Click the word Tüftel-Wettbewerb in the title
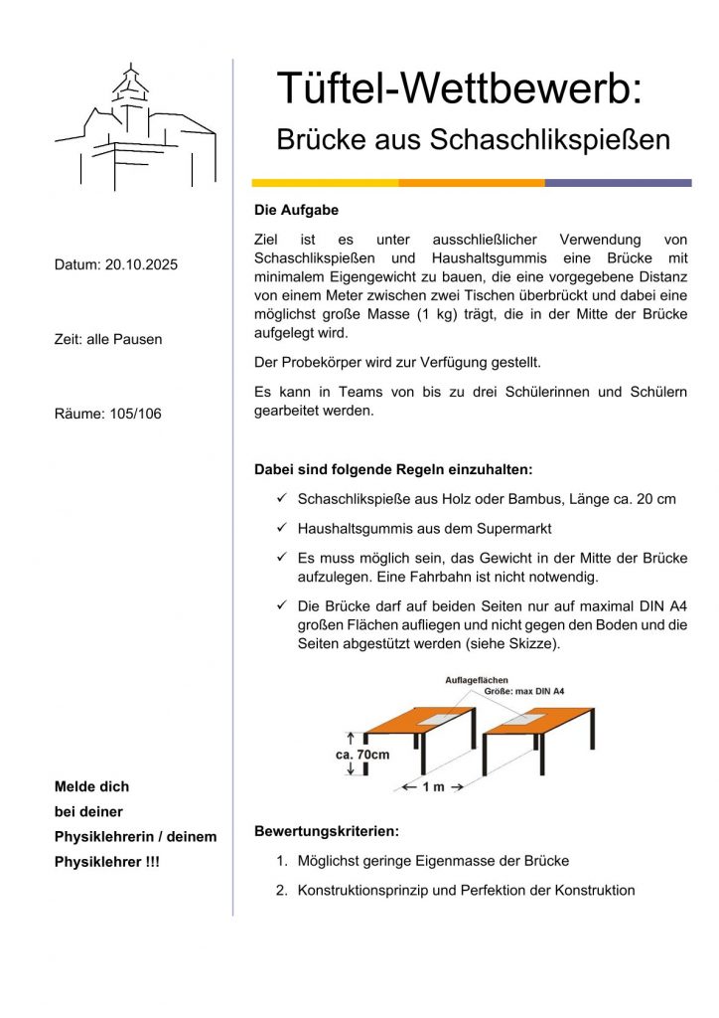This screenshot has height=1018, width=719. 460,88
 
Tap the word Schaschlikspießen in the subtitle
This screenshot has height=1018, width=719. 550,140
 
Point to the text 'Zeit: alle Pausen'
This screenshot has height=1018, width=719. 108,339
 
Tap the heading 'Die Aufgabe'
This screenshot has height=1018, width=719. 297,210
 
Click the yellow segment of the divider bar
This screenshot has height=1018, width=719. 325,183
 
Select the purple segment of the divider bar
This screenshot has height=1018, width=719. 618,183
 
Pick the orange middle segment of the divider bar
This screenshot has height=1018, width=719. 472,183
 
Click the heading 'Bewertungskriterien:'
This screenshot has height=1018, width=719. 327,830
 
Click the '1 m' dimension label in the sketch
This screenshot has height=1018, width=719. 433,787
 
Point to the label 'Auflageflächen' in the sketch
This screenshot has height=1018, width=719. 477,680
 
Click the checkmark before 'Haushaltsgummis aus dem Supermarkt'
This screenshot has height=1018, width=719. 282,528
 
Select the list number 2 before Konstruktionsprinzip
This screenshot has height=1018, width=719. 281,890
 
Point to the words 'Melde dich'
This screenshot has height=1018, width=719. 91,786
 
